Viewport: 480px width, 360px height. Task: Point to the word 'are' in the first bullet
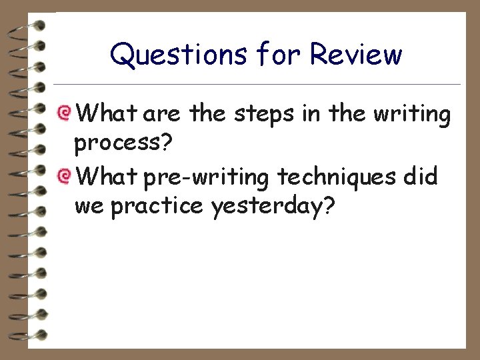pos(162,115)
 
